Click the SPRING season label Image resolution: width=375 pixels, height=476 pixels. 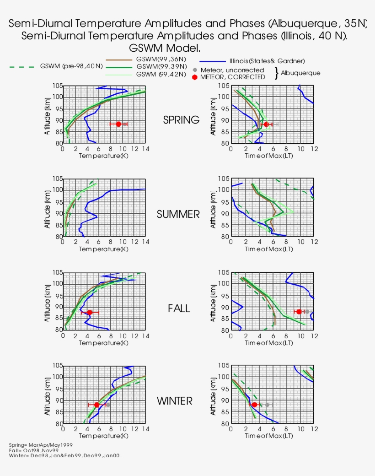click(x=181, y=120)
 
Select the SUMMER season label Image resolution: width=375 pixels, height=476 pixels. click(x=178, y=214)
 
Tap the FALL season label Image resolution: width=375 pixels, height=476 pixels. click(x=178, y=308)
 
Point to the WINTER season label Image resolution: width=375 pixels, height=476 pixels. click(x=175, y=401)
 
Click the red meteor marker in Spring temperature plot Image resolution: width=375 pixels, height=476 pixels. click(x=118, y=124)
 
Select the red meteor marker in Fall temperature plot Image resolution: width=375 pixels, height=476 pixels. click(x=90, y=312)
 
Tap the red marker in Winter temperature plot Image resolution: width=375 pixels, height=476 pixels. click(x=96, y=405)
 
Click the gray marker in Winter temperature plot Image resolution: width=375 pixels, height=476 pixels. click(x=108, y=405)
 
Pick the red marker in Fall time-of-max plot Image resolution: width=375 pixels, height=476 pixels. click(x=299, y=312)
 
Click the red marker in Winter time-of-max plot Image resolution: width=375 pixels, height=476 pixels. click(x=254, y=405)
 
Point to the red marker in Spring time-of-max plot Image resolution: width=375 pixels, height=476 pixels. click(x=266, y=124)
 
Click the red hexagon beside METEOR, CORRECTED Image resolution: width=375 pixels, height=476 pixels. click(x=195, y=77)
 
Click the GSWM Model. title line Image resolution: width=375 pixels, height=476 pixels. click(x=165, y=48)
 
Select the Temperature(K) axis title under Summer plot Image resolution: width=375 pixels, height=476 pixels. click(x=104, y=249)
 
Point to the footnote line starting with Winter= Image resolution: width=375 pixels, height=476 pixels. click(x=65, y=455)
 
